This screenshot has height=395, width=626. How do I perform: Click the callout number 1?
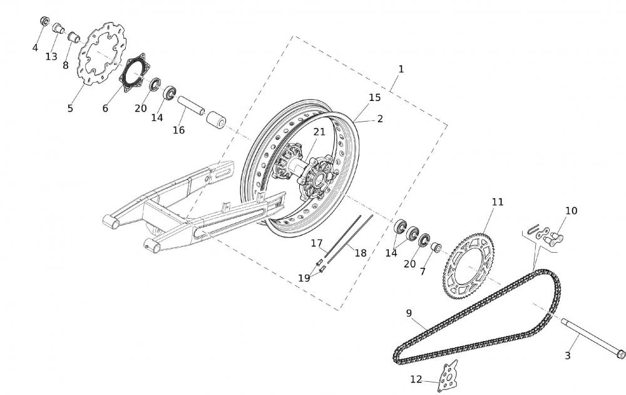tap(401, 69)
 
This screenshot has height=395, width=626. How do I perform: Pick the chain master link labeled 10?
tap(545, 236)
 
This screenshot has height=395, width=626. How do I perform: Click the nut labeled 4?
tap(44, 21)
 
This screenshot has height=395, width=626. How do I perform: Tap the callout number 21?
tap(319, 132)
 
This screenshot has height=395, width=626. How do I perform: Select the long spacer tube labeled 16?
tap(191, 105)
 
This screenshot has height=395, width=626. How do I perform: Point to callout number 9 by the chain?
tap(408, 313)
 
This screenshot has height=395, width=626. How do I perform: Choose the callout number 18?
tap(360, 253)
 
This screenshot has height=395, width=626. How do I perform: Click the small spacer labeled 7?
tap(436, 248)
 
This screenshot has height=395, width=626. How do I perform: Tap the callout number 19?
tap(304, 278)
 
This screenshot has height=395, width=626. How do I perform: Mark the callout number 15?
tap(374, 98)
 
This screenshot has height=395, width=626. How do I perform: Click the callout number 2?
tap(380, 118)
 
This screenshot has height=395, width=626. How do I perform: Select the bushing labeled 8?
tap(74, 38)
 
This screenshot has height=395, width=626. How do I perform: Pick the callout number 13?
tap(51, 57)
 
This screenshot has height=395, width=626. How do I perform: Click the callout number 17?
tap(317, 243)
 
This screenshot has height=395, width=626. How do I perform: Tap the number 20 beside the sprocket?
tap(409, 264)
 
